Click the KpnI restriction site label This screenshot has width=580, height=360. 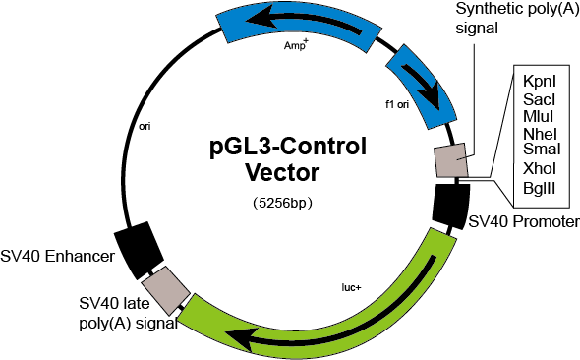[x=540, y=82]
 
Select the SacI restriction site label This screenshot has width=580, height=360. [x=540, y=99]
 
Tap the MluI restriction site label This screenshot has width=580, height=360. [x=538, y=116]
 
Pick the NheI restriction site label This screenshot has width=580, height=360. [x=540, y=134]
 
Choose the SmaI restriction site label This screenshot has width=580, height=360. [x=542, y=149]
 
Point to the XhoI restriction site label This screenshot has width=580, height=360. [x=540, y=169]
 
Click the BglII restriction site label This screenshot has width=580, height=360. [x=539, y=188]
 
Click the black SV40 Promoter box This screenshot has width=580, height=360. [x=451, y=206]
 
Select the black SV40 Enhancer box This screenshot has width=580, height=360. [x=139, y=250]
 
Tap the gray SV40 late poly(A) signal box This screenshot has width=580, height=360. [x=166, y=290]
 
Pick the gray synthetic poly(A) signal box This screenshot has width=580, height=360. [x=451, y=160]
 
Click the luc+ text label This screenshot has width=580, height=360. [x=351, y=287]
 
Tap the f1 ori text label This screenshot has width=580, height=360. [x=397, y=104]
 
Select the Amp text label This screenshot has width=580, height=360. [x=296, y=44]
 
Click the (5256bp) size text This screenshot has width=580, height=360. [x=283, y=203]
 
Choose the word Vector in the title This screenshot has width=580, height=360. [x=282, y=172]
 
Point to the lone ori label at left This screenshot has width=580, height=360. [x=145, y=127]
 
